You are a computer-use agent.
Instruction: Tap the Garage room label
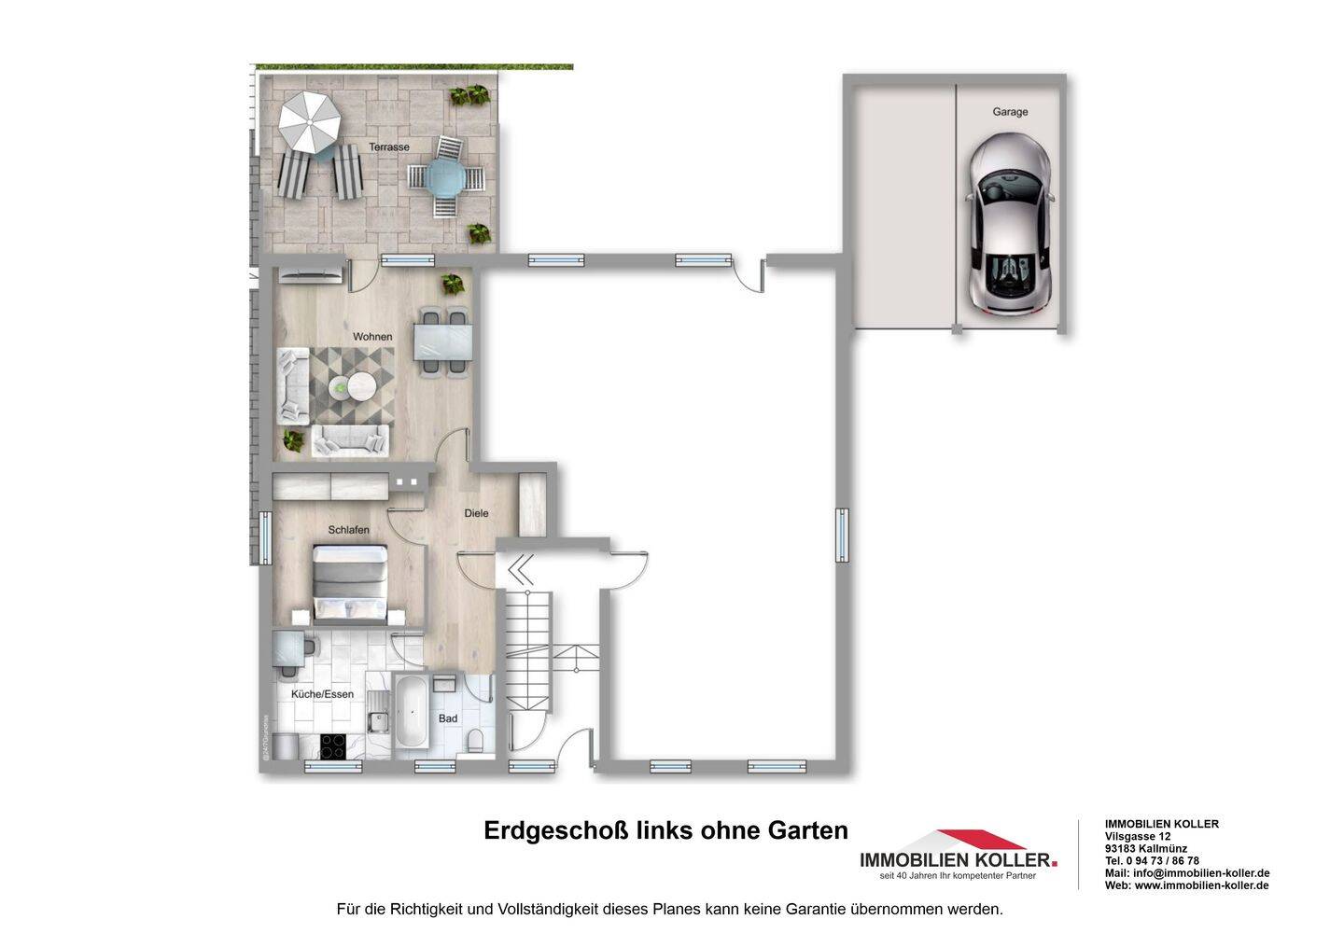click(x=1010, y=112)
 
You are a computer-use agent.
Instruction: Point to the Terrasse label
click(x=388, y=147)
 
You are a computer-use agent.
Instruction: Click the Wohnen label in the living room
click(x=372, y=337)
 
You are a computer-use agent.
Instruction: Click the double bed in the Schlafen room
click(x=350, y=585)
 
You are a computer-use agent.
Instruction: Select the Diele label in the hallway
click(x=476, y=514)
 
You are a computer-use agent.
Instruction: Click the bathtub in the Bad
click(x=412, y=712)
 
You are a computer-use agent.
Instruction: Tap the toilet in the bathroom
click(x=476, y=741)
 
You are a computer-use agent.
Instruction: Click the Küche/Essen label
click(x=322, y=695)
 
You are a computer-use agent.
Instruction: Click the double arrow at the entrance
click(x=520, y=567)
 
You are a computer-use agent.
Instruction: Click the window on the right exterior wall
click(x=842, y=536)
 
